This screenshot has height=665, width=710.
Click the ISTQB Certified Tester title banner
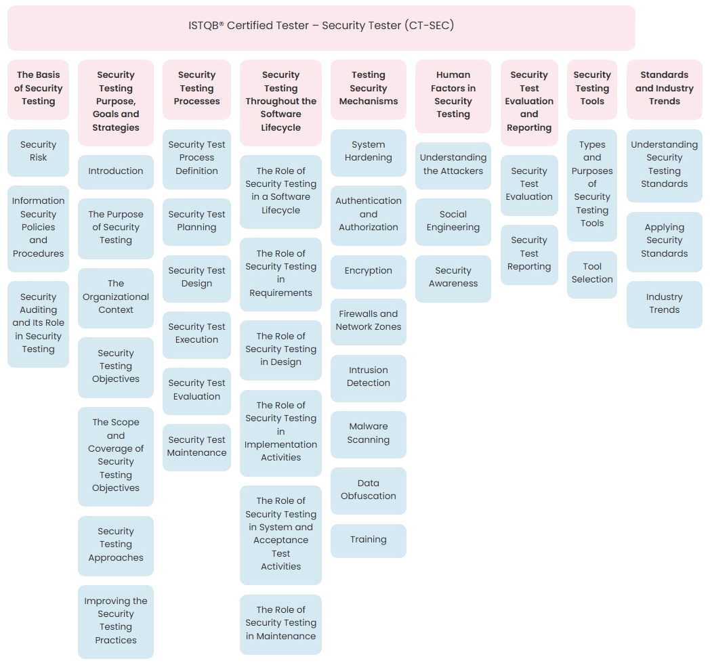(321, 26)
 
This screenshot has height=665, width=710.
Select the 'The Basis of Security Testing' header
(38, 89)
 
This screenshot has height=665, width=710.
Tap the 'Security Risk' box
(38, 152)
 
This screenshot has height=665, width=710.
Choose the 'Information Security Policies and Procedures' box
(38, 228)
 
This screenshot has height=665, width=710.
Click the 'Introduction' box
(116, 171)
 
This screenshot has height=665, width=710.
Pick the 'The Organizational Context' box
(116, 297)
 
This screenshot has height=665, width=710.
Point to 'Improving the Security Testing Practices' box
(116, 621)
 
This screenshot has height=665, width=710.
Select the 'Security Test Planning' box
(196, 221)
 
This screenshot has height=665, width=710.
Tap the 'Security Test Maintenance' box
(196, 447)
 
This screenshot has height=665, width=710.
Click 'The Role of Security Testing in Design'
(280, 349)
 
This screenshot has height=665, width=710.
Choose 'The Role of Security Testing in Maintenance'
(280, 624)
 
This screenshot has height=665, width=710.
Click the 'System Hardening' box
(369, 152)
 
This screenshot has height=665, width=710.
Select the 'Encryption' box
(369, 271)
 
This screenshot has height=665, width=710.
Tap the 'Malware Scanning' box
(369, 433)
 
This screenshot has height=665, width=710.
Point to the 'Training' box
(369, 540)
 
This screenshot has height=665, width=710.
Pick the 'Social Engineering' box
(453, 221)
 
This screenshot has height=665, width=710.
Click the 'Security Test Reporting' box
(529, 254)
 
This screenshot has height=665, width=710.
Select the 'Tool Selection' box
(592, 274)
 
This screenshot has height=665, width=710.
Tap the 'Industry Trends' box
(664, 304)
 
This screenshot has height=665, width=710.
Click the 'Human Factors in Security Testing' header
(453, 95)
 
